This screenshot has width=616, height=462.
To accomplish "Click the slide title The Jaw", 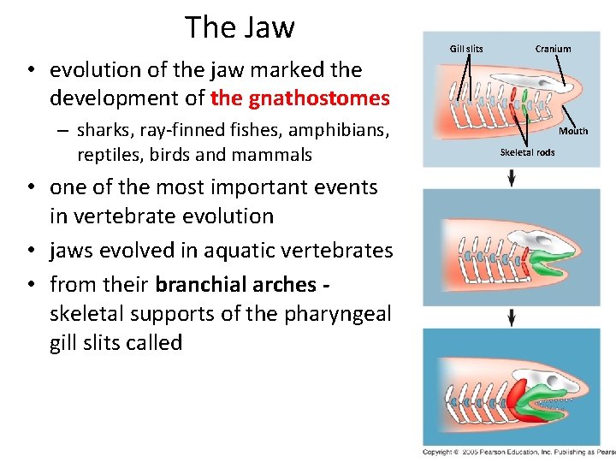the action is (240, 27).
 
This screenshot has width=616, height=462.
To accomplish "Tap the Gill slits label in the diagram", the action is (466, 49).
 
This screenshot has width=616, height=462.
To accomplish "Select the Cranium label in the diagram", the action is (553, 49).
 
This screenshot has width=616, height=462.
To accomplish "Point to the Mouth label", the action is (573, 131).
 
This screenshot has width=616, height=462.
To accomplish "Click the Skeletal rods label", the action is (527, 152).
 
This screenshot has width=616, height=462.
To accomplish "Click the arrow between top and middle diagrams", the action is (512, 177).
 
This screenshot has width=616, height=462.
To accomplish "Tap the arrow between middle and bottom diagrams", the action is (512, 317).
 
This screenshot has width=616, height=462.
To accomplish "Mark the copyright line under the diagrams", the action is (518, 451).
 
